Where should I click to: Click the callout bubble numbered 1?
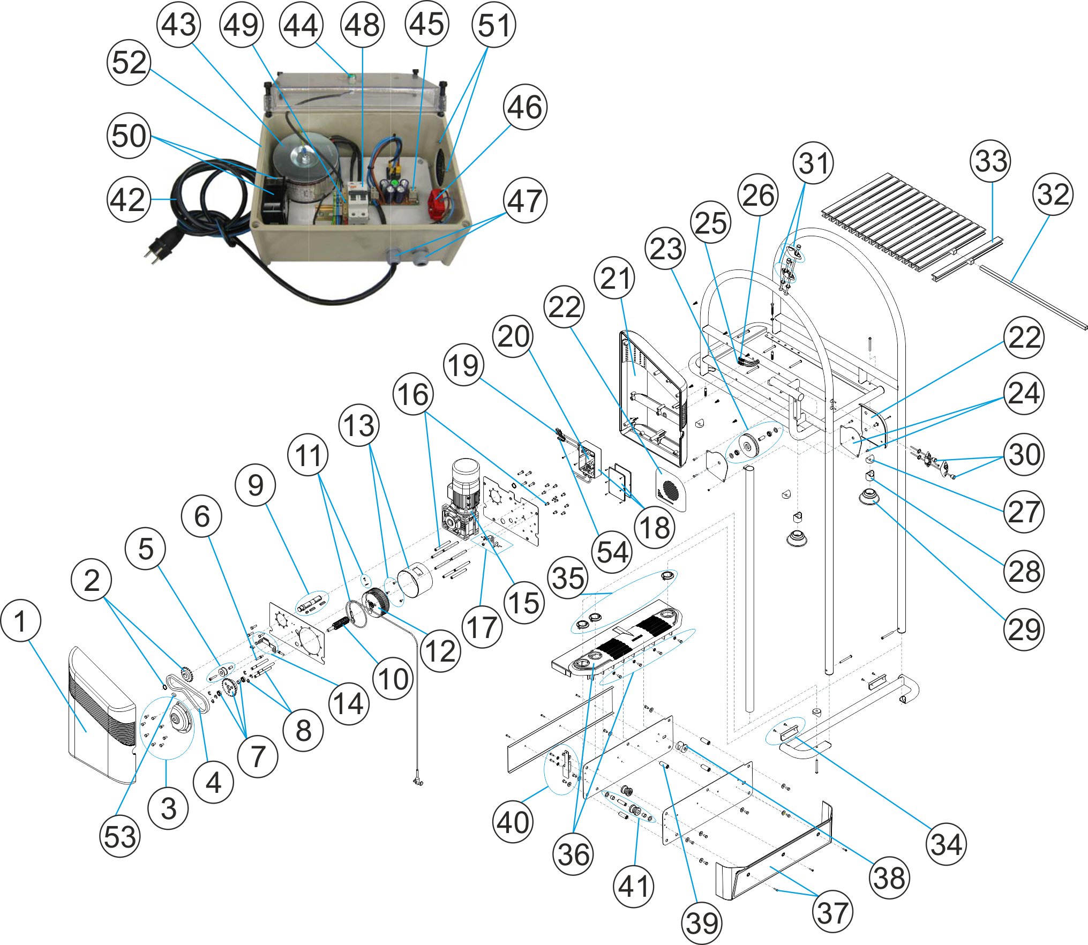pyautogui.click(x=20, y=621)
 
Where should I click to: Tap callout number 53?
pyautogui.click(x=120, y=836)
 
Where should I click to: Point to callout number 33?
pyautogui.click(x=991, y=161)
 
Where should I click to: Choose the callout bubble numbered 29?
pyautogui.click(x=1024, y=629)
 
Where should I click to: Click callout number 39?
pyautogui.click(x=702, y=923)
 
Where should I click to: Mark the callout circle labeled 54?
pyautogui.click(x=612, y=552)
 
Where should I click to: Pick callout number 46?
pyautogui.click(x=525, y=107)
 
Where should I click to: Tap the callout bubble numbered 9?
pyautogui.click(x=256, y=485)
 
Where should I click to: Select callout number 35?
pyautogui.click(x=568, y=578)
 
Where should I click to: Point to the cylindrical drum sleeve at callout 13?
pyautogui.click(x=415, y=582)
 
